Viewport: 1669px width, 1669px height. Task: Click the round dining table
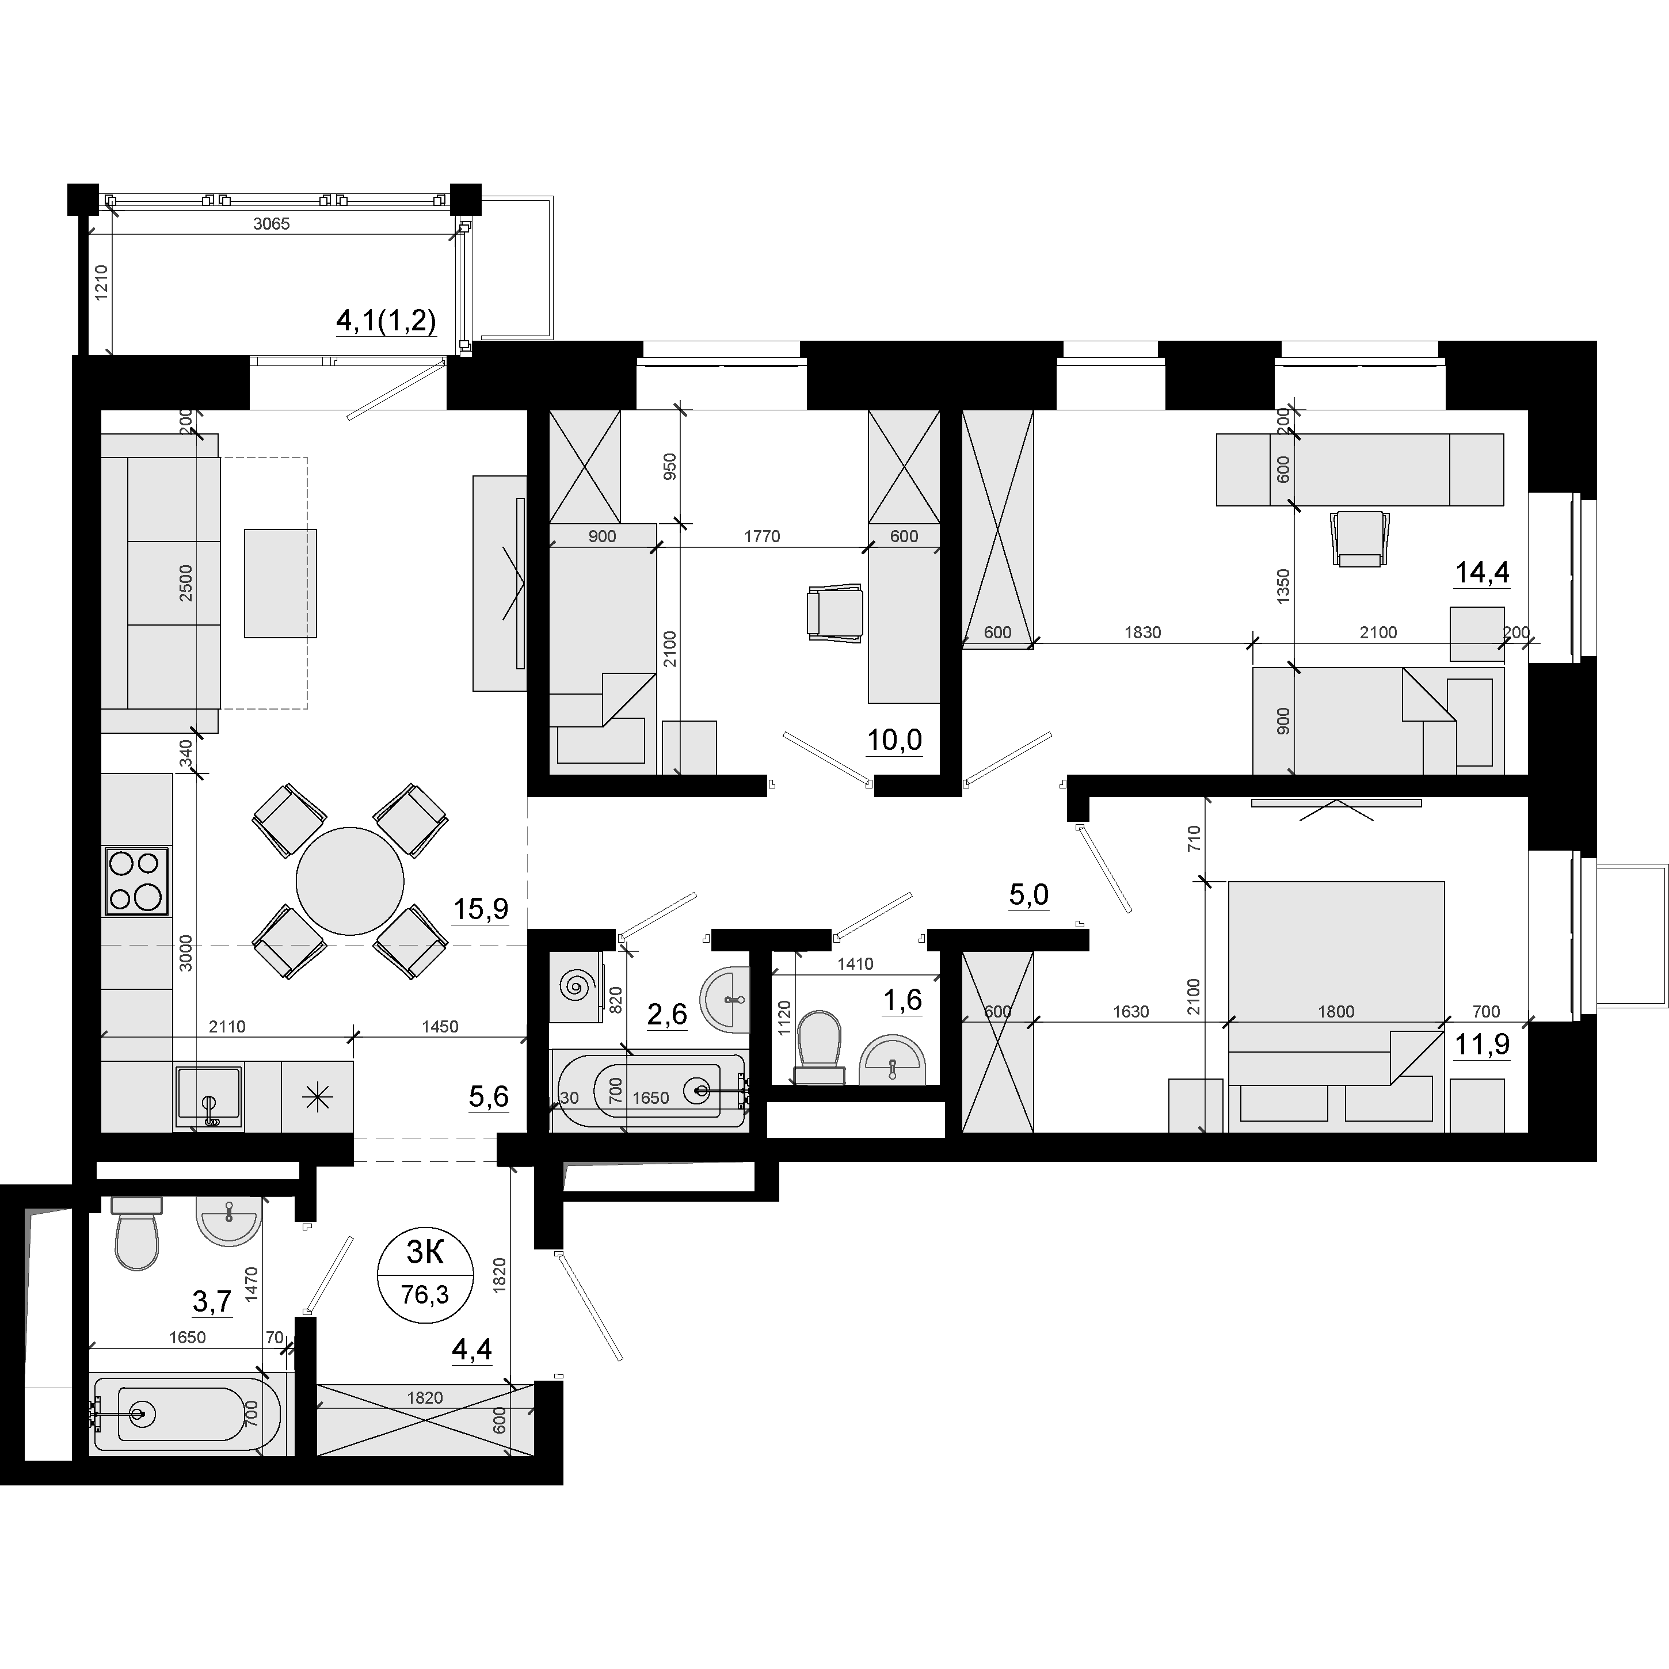350,881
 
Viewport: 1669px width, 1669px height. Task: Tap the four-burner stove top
136,881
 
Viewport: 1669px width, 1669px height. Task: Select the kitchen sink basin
209,1096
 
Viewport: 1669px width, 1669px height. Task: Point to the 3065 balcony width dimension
271,224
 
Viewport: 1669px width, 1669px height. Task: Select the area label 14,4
1483,572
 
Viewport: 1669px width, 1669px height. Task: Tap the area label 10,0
894,740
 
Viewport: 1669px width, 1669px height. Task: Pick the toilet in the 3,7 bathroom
136,1233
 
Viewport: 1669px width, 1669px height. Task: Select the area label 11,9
1483,1045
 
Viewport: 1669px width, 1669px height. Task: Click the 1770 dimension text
762,536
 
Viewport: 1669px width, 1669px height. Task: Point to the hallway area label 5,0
1029,894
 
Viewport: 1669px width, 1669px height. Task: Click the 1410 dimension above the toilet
855,964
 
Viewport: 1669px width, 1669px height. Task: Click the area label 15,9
481,908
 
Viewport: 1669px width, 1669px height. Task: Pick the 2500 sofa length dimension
186,583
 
